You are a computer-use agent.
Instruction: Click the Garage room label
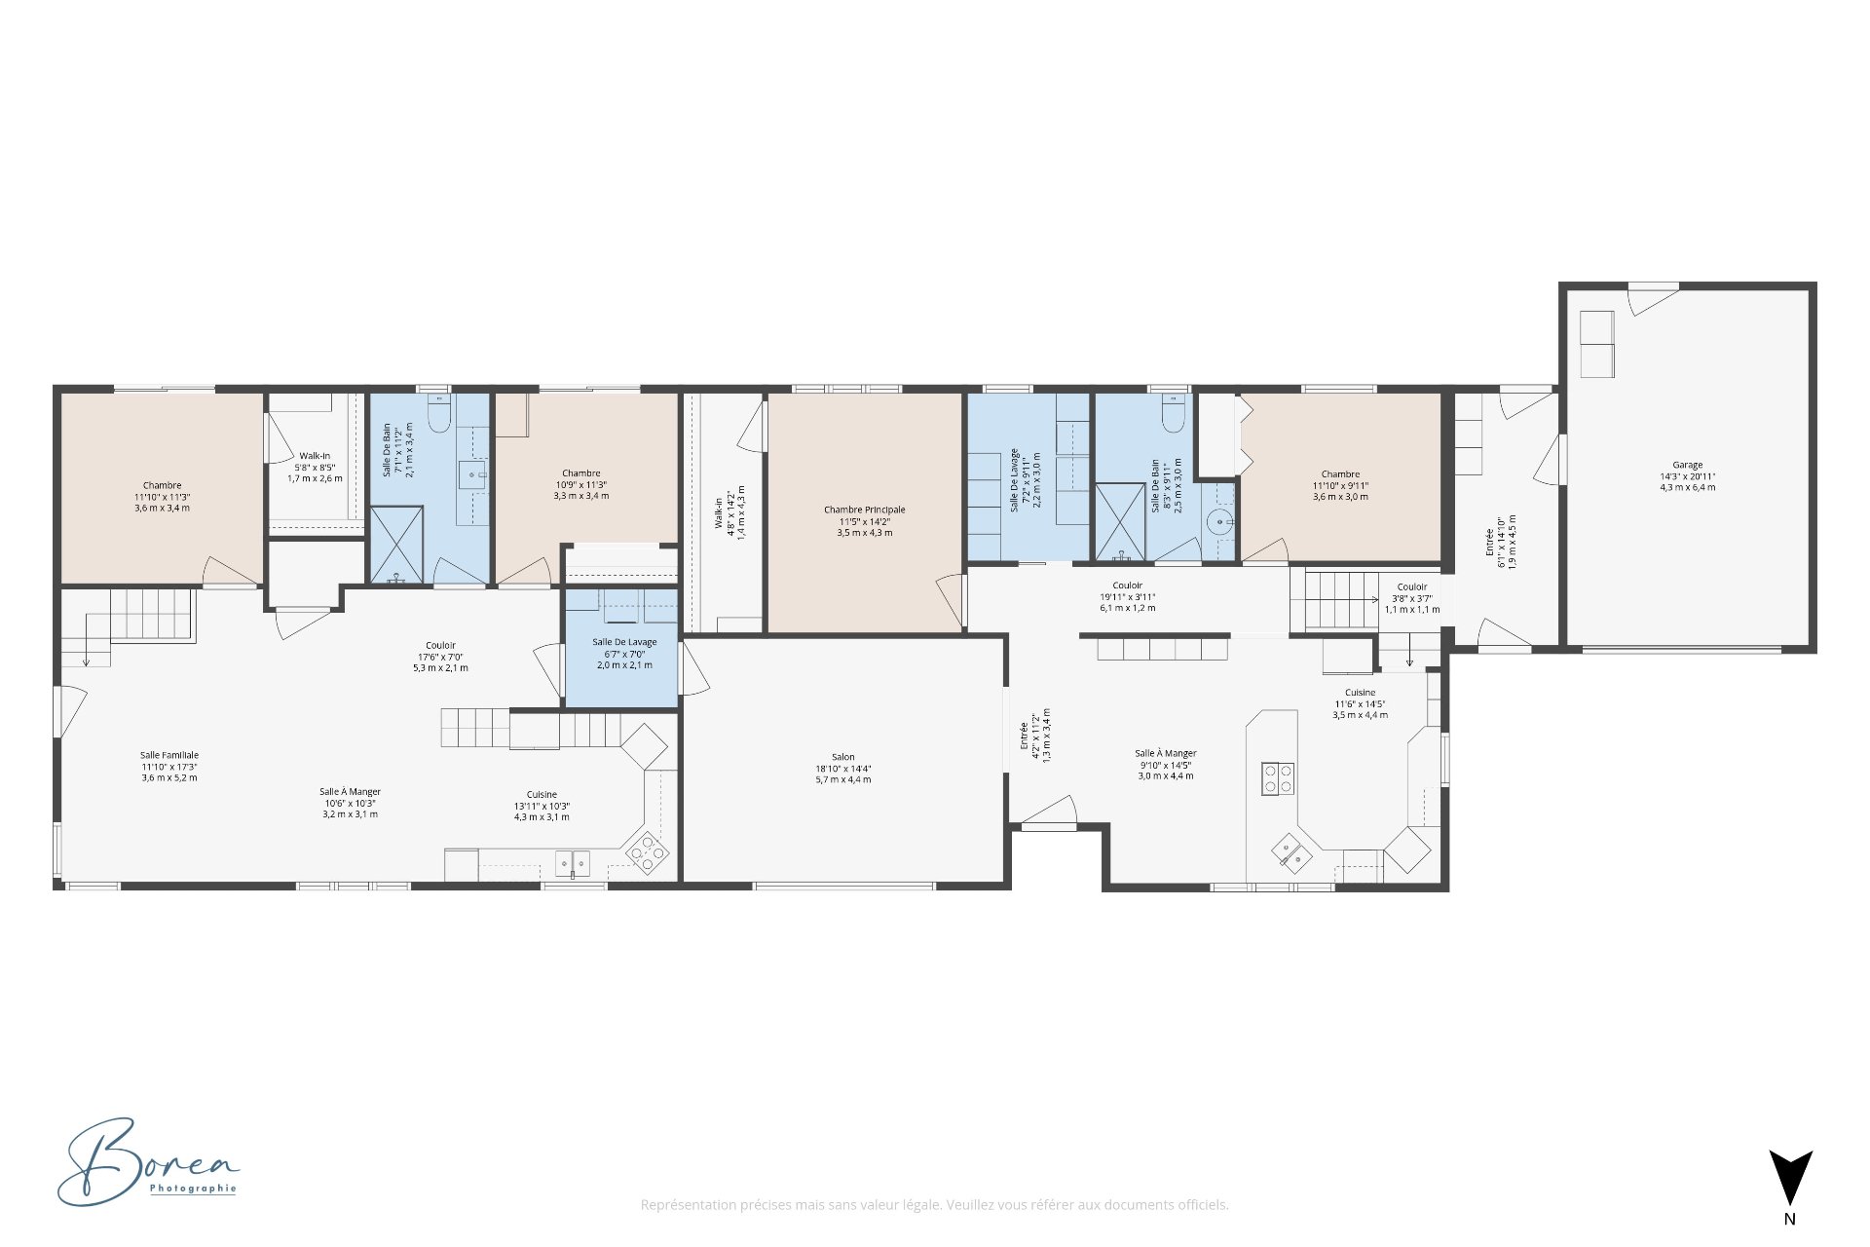[1687, 475]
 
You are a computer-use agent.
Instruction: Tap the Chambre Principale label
[864, 520]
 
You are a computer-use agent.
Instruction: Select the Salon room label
[842, 768]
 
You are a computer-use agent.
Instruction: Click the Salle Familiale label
[169, 766]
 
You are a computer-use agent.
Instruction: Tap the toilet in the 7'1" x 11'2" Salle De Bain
[439, 416]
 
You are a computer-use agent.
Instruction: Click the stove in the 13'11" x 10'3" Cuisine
[648, 851]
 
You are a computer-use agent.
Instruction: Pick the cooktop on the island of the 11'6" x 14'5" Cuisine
[1278, 777]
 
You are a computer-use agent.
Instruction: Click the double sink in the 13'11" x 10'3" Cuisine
[573, 862]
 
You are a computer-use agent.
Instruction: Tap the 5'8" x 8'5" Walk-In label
[315, 467]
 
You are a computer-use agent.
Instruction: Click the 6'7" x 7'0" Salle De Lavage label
[624, 653]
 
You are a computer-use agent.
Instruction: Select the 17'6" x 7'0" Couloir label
[440, 656]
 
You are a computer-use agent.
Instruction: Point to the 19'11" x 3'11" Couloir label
[1127, 596]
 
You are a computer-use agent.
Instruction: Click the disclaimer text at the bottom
[934, 1205]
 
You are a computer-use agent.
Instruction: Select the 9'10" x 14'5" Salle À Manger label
[1165, 764]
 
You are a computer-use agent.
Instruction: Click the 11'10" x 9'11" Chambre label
[1340, 485]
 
